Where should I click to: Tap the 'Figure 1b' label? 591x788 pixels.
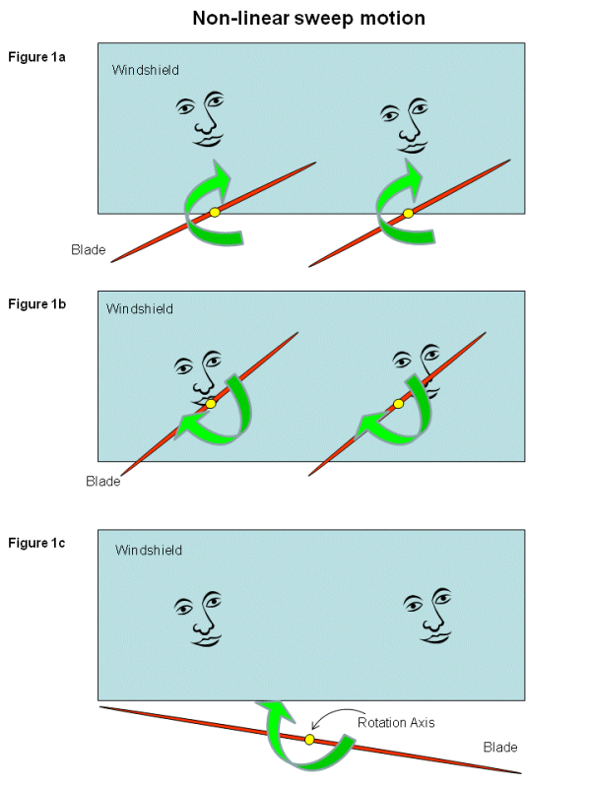37,303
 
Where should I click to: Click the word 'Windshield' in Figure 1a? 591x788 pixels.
146,70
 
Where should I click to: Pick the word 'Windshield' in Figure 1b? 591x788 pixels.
140,308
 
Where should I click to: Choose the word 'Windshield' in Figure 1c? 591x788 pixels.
149,550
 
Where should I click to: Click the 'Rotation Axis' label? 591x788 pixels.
396,722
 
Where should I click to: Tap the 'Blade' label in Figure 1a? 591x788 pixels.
88,249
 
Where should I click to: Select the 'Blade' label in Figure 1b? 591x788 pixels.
103,481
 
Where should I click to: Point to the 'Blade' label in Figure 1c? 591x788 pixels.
500,748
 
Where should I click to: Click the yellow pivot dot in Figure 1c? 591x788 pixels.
309,740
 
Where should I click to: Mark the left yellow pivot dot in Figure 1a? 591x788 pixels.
215,213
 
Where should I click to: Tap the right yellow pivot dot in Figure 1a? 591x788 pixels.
408,214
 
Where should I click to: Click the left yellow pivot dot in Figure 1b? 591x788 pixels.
210,404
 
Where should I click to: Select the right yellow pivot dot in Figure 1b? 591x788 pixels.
398,404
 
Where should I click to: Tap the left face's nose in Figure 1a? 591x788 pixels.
205,124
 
